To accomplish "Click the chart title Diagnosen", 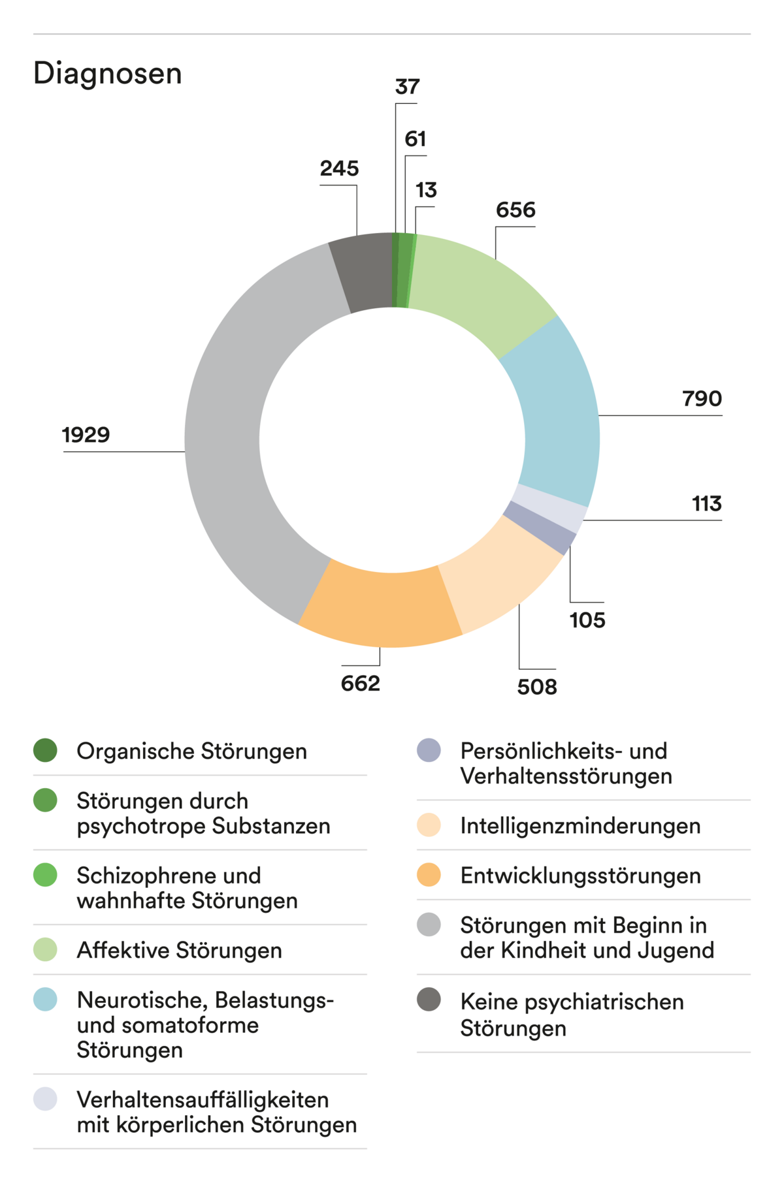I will coord(108,73).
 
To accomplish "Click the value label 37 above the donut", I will coord(407,87).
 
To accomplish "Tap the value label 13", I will coord(426,190).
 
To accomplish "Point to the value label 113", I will coord(706,503).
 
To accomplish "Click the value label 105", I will coord(587,620).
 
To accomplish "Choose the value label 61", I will coord(416,139).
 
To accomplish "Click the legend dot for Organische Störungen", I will coord(45,750).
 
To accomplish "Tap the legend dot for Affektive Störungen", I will coord(45,949).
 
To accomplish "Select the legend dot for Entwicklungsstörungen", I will coord(429,875).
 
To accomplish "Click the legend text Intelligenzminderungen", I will coord(580,825).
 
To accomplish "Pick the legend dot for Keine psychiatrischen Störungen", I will coord(429,1000).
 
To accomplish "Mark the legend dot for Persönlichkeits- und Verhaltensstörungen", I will coord(429,750).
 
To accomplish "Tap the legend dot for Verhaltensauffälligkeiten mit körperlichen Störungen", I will coord(45,1099).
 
